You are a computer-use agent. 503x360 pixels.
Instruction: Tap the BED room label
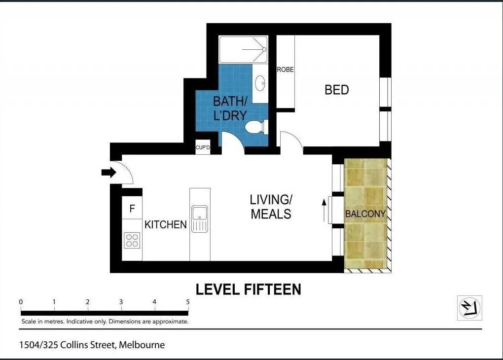pyautogui.click(x=336, y=90)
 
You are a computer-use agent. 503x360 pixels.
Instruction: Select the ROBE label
pyautogui.click(x=285, y=70)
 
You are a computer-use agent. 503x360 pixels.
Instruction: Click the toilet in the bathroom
pyautogui.click(x=256, y=127)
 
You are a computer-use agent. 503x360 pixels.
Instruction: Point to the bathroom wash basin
pyautogui.click(x=260, y=83)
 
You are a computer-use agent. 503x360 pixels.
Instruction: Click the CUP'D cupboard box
pyautogui.click(x=203, y=147)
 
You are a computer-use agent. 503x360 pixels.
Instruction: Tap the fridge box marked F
pyautogui.click(x=132, y=209)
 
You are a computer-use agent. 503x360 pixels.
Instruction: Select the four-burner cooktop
pyautogui.click(x=132, y=240)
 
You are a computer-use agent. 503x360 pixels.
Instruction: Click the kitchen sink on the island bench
pyautogui.click(x=200, y=214)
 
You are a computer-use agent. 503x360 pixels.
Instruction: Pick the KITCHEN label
pyautogui.click(x=166, y=225)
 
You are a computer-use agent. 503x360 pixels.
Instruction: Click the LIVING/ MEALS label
pyautogui.click(x=271, y=207)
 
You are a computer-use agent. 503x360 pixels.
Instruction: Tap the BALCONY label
pyautogui.click(x=365, y=214)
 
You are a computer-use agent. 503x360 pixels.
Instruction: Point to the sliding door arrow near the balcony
pyautogui.click(x=324, y=211)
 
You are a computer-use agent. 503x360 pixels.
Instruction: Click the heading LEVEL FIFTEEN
pyautogui.click(x=249, y=289)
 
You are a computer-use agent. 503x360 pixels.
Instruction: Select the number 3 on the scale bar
pyautogui.click(x=121, y=302)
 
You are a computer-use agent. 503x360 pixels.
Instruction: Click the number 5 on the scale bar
pyautogui.click(x=188, y=302)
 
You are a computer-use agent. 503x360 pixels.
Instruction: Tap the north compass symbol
pyautogui.click(x=469, y=308)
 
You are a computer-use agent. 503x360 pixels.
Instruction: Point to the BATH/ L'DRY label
pyautogui.click(x=229, y=108)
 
